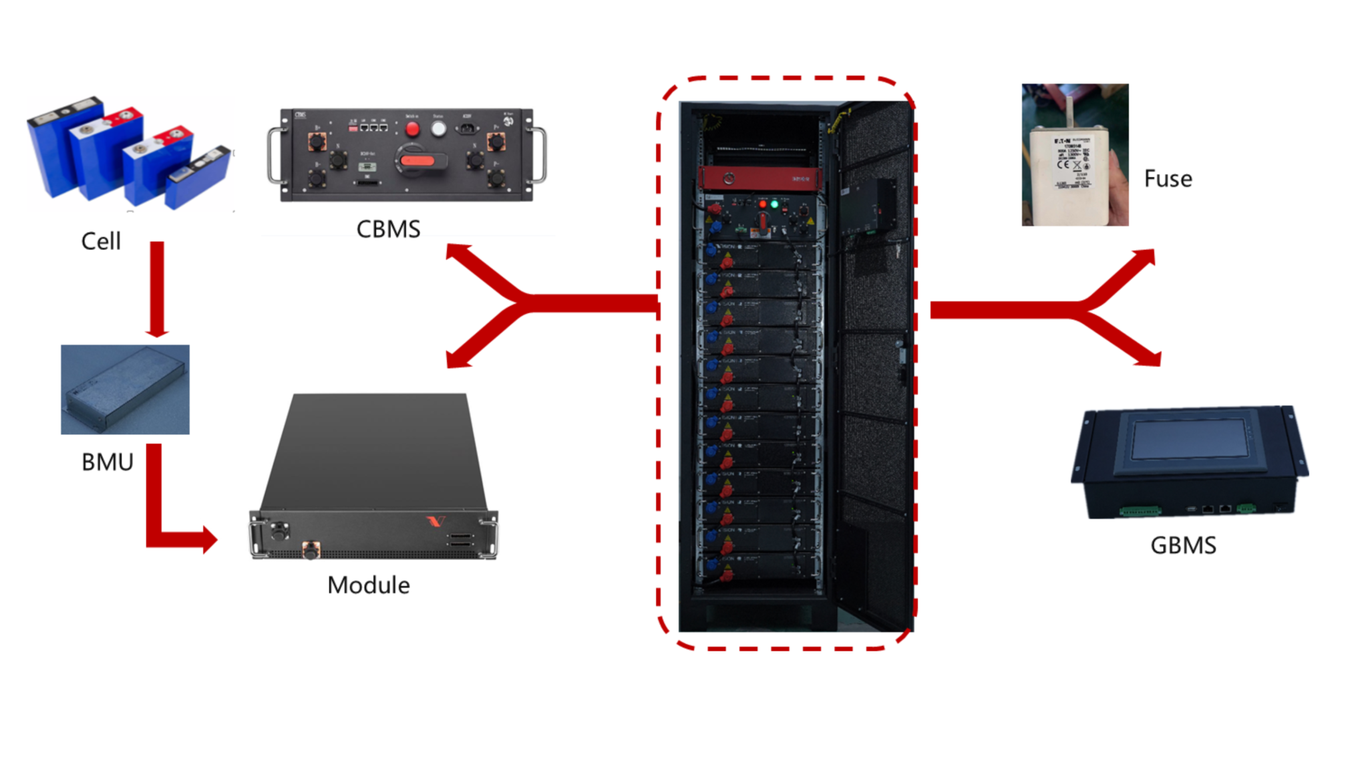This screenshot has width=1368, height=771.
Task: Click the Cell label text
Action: (x=101, y=241)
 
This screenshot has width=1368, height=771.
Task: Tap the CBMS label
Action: (x=388, y=229)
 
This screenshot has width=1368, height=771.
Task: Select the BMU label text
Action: (x=107, y=462)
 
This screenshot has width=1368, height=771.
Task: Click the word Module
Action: (x=368, y=585)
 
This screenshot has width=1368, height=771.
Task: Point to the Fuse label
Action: (x=1168, y=179)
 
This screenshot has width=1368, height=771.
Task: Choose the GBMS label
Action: (x=1183, y=545)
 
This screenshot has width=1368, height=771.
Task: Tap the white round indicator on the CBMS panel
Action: (x=438, y=129)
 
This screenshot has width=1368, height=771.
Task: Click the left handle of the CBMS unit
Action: (x=275, y=155)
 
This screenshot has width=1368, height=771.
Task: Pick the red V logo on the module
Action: (x=436, y=520)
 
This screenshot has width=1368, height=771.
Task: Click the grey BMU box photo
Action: (x=125, y=390)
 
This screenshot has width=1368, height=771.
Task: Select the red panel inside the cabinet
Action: (x=759, y=178)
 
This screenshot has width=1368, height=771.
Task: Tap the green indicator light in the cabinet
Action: (x=775, y=204)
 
